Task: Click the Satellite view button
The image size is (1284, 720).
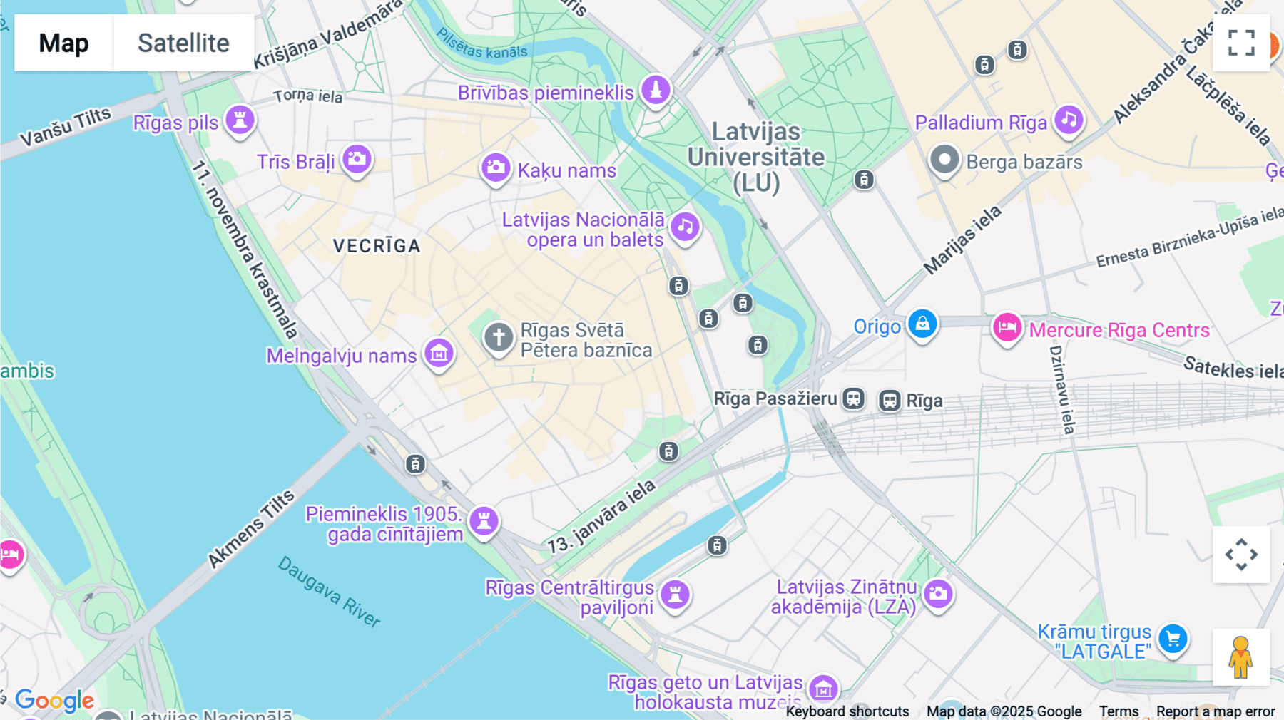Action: [x=183, y=43]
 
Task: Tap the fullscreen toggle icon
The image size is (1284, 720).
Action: [x=1241, y=43]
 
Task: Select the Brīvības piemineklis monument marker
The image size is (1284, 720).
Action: [x=656, y=91]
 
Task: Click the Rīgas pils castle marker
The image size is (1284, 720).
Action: [x=240, y=120]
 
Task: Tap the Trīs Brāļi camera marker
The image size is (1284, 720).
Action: [x=357, y=159]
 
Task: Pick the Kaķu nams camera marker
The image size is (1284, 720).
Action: [x=495, y=168]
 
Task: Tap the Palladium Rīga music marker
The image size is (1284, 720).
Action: [x=1068, y=120]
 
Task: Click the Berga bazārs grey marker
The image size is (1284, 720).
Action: [x=944, y=160]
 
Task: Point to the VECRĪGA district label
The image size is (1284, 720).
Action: [x=377, y=246]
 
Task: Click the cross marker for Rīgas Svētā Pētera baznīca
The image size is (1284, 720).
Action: [x=499, y=337]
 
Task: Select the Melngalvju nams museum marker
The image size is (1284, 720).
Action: [x=439, y=353]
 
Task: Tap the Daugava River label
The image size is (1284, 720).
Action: [x=329, y=592]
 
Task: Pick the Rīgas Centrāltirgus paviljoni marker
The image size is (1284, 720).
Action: [x=675, y=594]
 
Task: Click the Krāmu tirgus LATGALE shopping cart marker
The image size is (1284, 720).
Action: [x=1173, y=638]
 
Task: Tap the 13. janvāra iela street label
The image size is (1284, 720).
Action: [x=601, y=518]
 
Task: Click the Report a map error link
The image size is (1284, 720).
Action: [x=1216, y=711]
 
